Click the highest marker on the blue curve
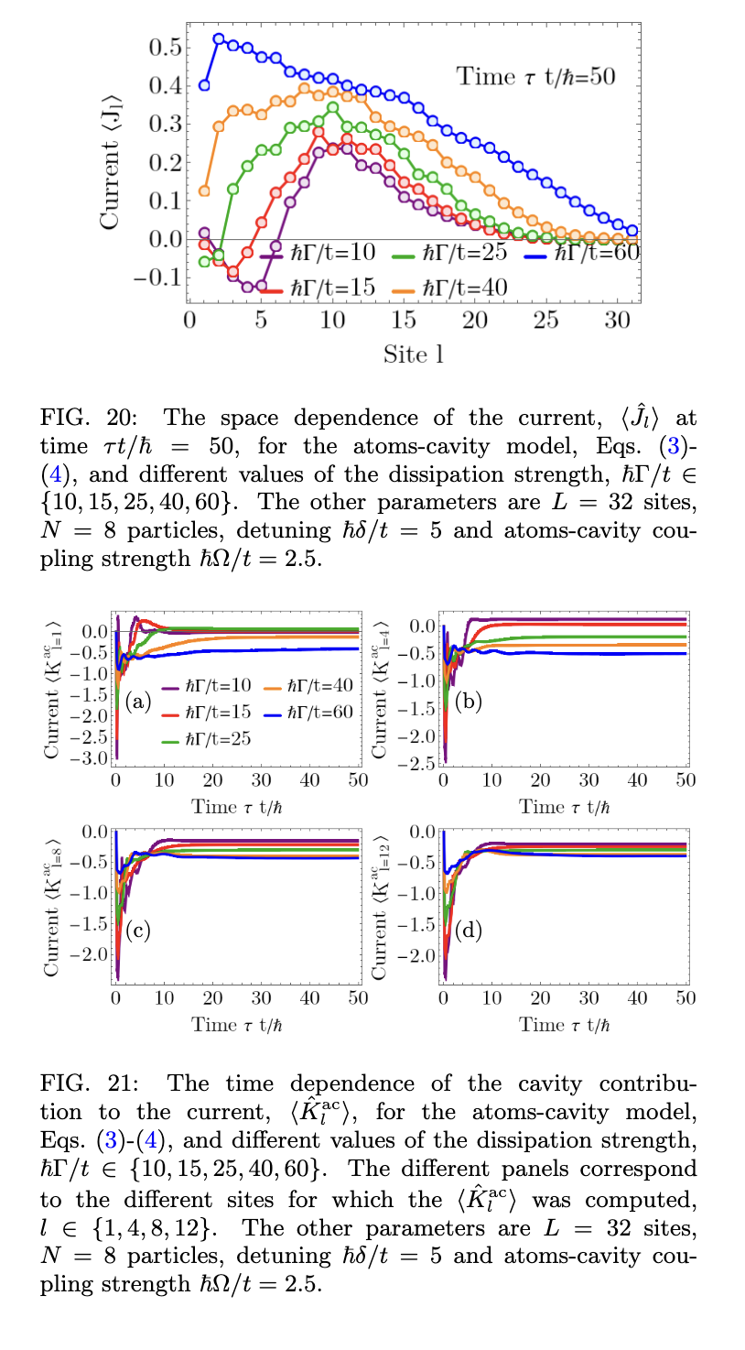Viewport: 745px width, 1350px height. tap(219, 38)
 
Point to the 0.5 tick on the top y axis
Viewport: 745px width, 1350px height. tap(165, 47)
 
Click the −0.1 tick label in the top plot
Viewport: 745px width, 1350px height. tap(156, 278)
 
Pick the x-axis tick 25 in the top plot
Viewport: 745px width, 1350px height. tap(546, 321)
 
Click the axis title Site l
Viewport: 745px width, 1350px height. tap(414, 354)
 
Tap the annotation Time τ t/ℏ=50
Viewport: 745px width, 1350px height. tap(535, 76)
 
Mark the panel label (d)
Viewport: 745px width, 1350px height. tap(467, 931)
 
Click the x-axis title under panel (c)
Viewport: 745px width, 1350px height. tap(237, 1024)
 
